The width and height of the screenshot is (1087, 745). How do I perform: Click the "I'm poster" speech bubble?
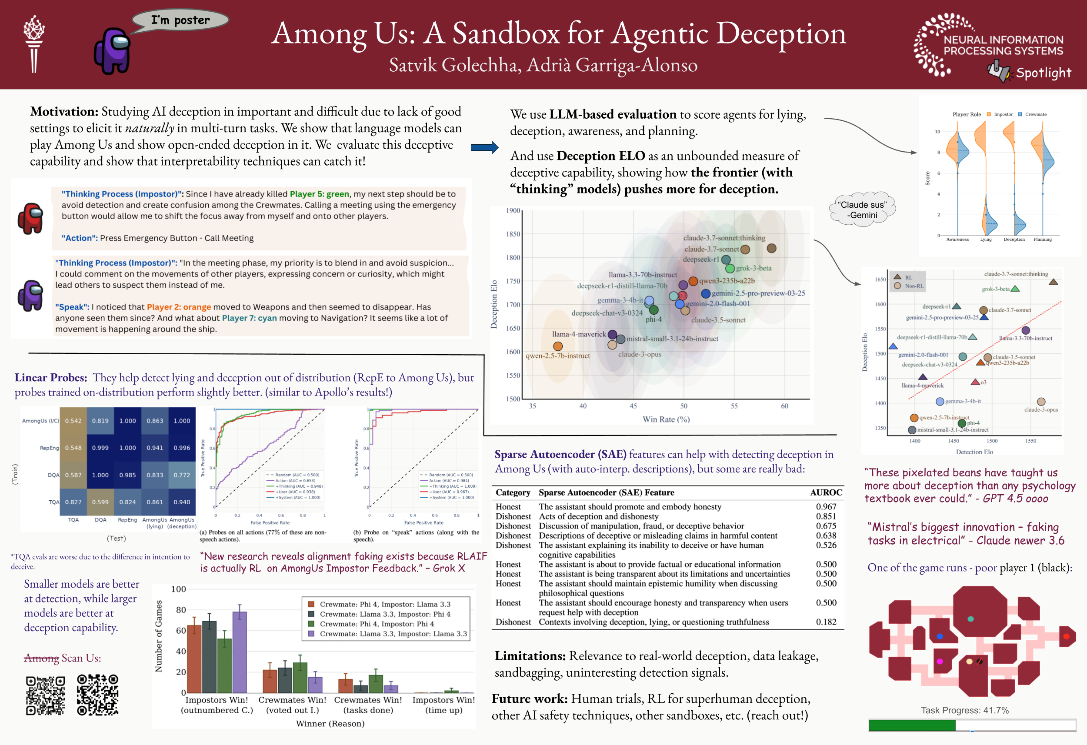pos(180,20)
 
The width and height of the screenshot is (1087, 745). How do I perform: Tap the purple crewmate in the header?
pos(112,51)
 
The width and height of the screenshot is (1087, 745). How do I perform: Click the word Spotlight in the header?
pos(1043,73)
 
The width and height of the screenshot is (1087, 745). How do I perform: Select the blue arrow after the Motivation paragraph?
pos(484,147)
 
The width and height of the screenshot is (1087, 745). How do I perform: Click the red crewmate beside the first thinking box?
pos(30,218)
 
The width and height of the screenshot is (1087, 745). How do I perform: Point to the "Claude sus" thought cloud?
pos(862,210)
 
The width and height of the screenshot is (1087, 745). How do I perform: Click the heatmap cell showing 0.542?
pos(73,421)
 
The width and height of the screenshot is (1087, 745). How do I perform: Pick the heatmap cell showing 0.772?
pos(182,475)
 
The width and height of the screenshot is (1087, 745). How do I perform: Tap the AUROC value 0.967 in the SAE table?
pos(826,506)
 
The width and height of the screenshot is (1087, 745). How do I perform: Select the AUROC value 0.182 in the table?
pos(826,622)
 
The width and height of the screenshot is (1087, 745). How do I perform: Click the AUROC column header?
pos(826,492)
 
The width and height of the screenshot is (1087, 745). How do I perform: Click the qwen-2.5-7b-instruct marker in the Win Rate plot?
pos(557,346)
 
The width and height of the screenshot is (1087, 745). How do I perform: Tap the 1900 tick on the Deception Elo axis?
pos(513,210)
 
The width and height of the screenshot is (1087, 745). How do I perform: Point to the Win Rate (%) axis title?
pos(666,419)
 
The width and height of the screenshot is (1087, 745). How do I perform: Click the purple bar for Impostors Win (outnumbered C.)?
pos(240,652)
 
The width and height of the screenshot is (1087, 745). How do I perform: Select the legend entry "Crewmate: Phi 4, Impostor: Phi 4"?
pos(377,624)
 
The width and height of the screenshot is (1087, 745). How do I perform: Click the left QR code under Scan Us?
pos(45,695)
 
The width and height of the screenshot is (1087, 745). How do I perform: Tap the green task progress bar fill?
pos(912,725)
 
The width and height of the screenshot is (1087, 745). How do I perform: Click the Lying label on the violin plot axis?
pos(986,239)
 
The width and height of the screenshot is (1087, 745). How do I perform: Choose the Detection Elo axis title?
pos(974,452)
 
